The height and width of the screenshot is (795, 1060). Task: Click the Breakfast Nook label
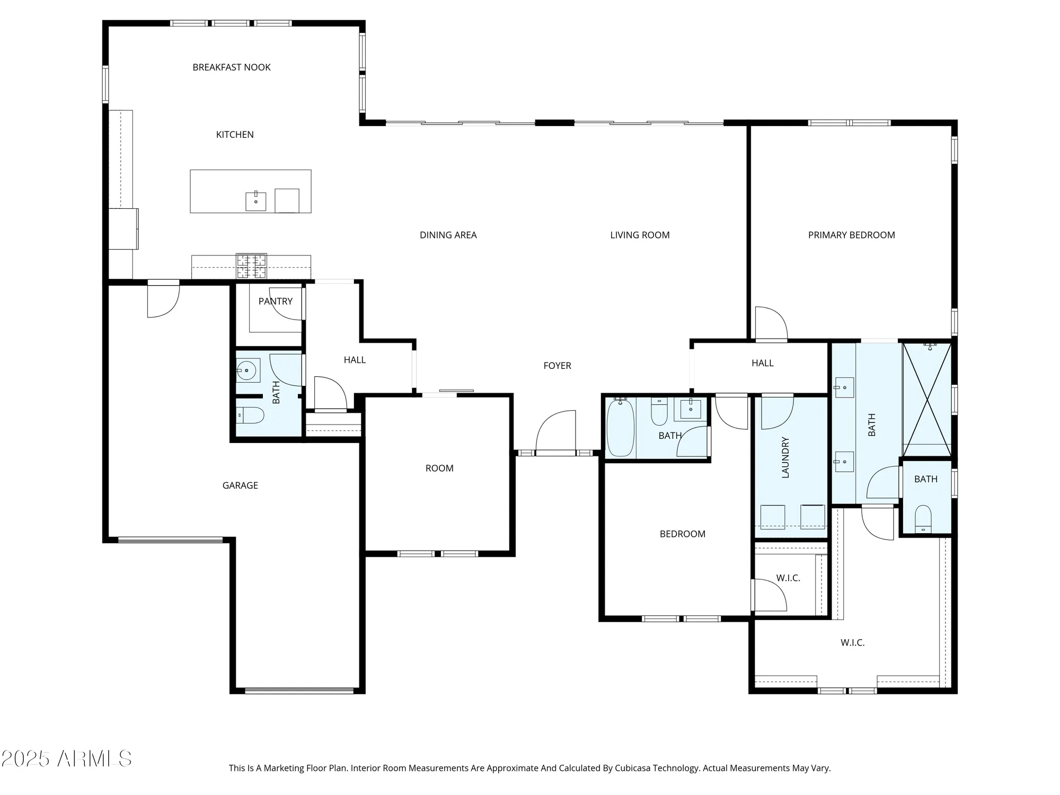point(232,67)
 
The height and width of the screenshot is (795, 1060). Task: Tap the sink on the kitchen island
point(256,201)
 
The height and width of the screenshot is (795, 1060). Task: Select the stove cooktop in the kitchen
point(251,266)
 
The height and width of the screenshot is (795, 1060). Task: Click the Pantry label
point(275,301)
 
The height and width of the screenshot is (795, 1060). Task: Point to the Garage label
point(240,485)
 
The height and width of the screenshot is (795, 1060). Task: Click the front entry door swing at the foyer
point(556,432)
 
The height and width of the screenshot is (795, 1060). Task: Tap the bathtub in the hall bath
point(620,428)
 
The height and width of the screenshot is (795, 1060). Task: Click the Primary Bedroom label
point(851,235)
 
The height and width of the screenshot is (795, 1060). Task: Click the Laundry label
point(785,457)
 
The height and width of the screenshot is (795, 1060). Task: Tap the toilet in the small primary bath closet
point(923,517)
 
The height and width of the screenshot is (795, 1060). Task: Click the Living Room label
point(640,235)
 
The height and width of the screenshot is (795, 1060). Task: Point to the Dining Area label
point(448,235)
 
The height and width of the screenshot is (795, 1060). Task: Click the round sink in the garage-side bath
point(246,370)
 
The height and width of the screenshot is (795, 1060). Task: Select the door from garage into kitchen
point(163,299)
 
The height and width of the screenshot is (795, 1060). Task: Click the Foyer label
point(557,365)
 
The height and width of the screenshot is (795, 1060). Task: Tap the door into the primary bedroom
point(771,323)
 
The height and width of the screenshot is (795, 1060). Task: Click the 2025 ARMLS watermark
point(66,758)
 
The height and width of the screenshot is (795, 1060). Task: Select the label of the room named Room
point(439,468)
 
